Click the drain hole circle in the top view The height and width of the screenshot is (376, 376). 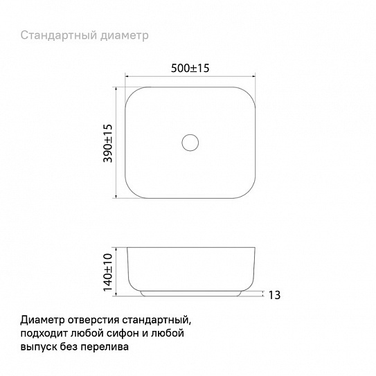pyautogui.click(x=190, y=143)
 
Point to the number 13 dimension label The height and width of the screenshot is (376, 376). pyautogui.click(x=274, y=296)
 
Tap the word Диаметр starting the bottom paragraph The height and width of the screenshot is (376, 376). pyautogui.click(x=43, y=320)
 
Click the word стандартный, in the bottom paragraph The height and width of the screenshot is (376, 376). pyautogui.click(x=156, y=320)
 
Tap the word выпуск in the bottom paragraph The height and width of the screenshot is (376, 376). pyautogui.click(x=39, y=346)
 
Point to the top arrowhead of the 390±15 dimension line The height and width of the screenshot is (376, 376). pyautogui.click(x=116, y=87)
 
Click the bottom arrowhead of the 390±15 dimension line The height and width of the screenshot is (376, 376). pyautogui.click(x=116, y=199)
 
